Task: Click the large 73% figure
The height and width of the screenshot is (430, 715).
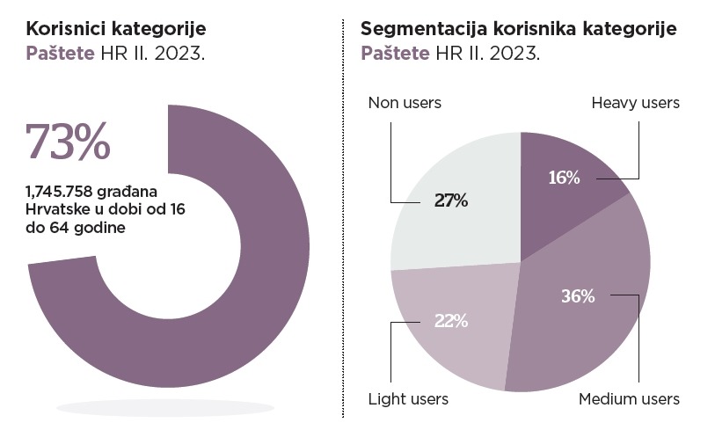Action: [x=69, y=141]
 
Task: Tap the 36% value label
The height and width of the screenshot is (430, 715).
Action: [x=578, y=295]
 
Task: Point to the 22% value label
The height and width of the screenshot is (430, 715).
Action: [x=450, y=320]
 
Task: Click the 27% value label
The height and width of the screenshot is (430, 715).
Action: [x=451, y=200]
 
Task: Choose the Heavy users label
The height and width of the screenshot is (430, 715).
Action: [x=635, y=103]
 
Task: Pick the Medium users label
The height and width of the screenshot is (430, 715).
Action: [x=629, y=399]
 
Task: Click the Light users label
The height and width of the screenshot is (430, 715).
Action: [x=408, y=399]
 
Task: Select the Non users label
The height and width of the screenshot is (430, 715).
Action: [x=404, y=103]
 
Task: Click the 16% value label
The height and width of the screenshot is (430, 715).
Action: [x=564, y=178]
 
